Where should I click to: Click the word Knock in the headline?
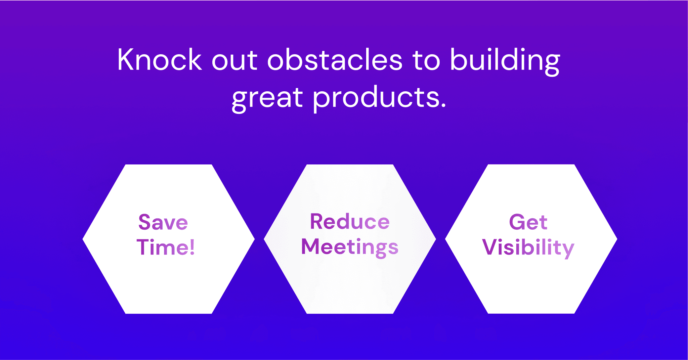pos(159,60)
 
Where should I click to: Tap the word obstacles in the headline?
pos(335,60)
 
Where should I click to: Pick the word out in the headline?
pos(234,62)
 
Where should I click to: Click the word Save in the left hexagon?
pos(163,222)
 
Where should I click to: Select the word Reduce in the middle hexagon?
pos(350,221)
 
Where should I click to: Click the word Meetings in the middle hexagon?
pos(350,248)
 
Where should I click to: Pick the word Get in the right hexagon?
pos(528,222)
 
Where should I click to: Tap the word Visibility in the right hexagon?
pos(528,248)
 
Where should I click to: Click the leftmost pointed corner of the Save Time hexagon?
pos(83,239)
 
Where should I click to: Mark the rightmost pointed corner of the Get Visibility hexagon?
pos(617,239)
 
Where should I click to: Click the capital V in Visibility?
pos(490,247)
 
